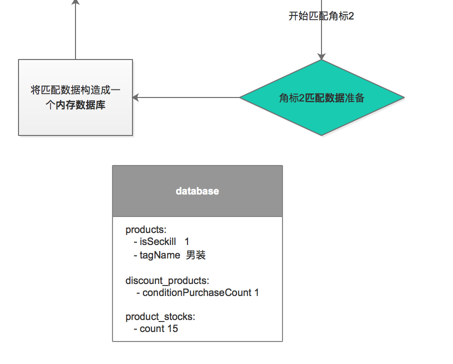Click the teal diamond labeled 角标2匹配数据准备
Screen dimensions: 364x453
pyautogui.click(x=321, y=98)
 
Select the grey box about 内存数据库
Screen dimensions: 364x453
pyautogui.click(x=75, y=97)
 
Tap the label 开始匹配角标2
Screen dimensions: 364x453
pyautogui.click(x=321, y=16)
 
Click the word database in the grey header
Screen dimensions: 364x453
pyautogui.click(x=197, y=191)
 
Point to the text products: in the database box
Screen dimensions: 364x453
pyautogui.click(x=145, y=230)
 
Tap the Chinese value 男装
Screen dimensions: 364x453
pyautogui.click(x=196, y=255)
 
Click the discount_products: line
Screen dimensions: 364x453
pyautogui.click(x=167, y=281)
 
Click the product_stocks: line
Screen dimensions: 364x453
pyautogui.click(x=160, y=317)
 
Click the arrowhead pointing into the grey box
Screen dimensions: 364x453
pyautogui.click(x=136, y=98)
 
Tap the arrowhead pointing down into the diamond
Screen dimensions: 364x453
pyautogui.click(x=321, y=56)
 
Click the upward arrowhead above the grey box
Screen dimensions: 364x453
pyautogui.click(x=75, y=2)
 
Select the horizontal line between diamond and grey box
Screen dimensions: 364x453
pyautogui.click(x=190, y=98)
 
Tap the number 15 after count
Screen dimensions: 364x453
pyautogui.click(x=172, y=328)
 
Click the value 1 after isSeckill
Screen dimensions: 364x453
pyautogui.click(x=187, y=242)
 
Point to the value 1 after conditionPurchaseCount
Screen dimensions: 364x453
pyautogui.click(x=256, y=292)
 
